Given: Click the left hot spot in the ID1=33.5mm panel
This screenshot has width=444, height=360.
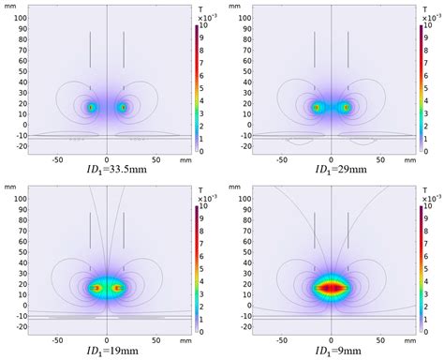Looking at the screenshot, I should (x=92, y=108).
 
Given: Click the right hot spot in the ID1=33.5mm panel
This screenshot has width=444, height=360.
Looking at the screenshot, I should (x=122, y=108).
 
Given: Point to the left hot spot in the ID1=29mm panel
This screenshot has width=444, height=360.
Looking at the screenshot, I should (x=317, y=108).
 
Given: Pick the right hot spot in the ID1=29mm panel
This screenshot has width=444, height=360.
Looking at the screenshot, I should (x=346, y=108).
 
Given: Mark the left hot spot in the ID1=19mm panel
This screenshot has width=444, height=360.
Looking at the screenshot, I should (x=96, y=289).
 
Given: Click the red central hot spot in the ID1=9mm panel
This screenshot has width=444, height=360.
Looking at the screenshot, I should (x=331, y=289).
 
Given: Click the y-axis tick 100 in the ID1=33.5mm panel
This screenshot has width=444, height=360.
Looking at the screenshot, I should (x=18, y=18).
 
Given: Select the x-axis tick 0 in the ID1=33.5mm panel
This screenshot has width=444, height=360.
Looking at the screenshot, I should (x=107, y=159).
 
